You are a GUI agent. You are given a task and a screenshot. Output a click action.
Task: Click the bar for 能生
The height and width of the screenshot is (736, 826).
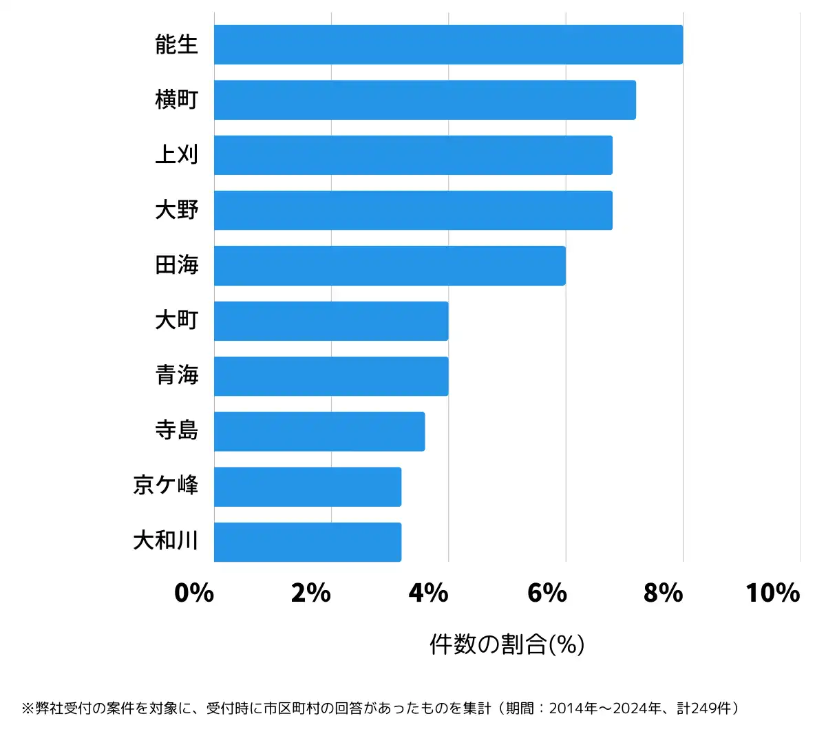[448, 45]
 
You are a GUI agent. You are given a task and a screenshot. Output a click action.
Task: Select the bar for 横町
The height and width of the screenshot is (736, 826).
[425, 100]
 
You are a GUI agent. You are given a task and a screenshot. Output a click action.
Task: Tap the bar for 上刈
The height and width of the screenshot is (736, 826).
[413, 155]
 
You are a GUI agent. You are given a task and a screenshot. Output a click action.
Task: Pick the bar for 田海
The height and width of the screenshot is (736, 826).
[390, 266]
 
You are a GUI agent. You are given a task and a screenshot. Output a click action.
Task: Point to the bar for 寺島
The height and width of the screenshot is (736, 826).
[319, 432]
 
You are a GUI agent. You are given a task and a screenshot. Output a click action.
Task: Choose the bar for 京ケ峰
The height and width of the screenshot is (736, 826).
[308, 487]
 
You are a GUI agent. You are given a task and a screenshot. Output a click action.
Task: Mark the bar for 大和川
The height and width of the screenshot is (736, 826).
[308, 542]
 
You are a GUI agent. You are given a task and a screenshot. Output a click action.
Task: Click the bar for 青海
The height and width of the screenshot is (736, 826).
[331, 376]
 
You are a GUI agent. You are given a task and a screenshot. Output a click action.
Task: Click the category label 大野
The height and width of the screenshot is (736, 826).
[177, 210]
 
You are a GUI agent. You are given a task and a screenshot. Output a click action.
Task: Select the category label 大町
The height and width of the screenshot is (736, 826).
[177, 321]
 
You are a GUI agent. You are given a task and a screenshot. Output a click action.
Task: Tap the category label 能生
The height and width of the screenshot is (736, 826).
[177, 45]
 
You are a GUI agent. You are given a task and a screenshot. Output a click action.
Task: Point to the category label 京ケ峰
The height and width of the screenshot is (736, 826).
[166, 485]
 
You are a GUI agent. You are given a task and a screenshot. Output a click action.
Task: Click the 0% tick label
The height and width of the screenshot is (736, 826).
[194, 593]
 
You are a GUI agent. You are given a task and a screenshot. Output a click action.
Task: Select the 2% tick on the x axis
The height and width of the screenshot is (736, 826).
[311, 593]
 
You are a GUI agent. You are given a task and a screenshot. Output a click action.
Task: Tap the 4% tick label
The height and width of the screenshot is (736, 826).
[428, 593]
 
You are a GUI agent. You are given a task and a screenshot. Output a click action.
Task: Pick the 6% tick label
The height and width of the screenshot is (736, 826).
[547, 593]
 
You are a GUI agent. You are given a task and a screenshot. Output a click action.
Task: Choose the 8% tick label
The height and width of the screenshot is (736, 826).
[664, 593]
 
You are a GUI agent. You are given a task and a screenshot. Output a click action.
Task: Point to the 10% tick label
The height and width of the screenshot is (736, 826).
[773, 593]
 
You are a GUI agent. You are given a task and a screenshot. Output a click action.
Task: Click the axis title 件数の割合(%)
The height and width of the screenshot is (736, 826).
[507, 644]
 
